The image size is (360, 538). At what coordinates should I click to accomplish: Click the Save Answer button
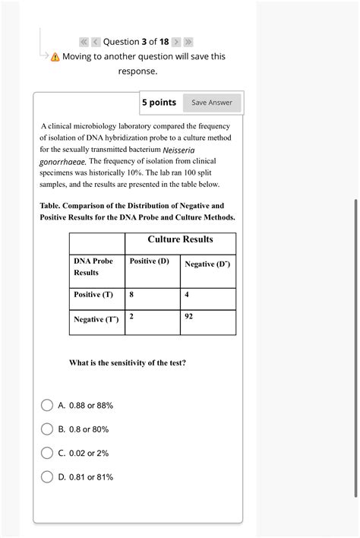tap(212, 103)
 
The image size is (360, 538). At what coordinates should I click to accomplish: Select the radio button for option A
tap(47, 406)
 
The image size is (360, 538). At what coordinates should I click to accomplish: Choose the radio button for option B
tap(47, 429)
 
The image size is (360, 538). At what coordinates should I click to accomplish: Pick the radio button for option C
tap(47, 453)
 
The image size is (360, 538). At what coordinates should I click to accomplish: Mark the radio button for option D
tap(47, 477)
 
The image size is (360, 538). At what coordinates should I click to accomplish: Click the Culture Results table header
tap(180, 239)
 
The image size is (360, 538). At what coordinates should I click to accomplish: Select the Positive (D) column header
tap(150, 261)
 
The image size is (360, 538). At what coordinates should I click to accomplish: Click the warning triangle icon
tap(55, 58)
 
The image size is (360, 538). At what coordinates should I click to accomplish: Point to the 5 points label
tap(159, 103)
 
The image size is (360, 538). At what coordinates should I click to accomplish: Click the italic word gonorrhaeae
tap(64, 162)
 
